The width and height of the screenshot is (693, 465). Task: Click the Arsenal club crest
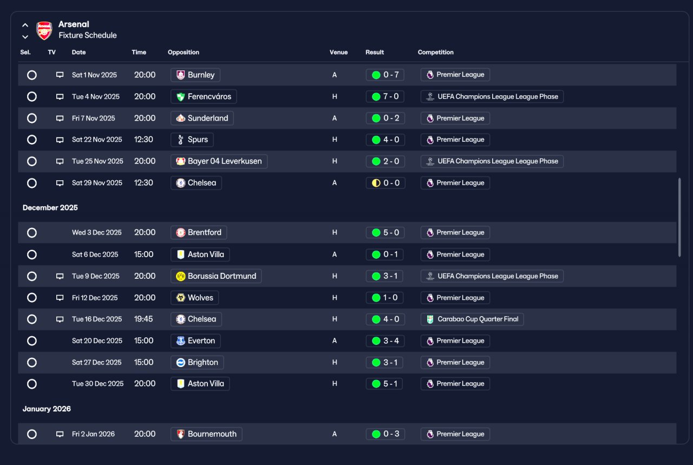click(44, 30)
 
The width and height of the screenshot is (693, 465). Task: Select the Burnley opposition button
click(195, 75)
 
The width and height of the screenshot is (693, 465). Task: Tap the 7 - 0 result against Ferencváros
click(385, 96)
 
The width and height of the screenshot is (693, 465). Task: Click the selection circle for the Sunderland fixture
click(32, 118)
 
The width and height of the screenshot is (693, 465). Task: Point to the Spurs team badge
click(181, 140)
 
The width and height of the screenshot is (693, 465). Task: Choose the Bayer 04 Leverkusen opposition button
click(219, 161)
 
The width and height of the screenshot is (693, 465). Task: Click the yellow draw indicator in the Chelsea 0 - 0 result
click(376, 183)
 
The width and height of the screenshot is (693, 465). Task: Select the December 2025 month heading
click(50, 207)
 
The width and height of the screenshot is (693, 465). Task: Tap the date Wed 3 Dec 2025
click(97, 232)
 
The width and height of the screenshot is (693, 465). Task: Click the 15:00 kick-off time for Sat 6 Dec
click(143, 254)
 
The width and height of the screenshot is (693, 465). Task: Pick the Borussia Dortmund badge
click(181, 276)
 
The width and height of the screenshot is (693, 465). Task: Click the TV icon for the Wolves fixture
click(60, 298)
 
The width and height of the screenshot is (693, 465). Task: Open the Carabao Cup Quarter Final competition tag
click(472, 319)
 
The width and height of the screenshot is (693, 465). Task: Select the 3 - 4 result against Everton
click(385, 340)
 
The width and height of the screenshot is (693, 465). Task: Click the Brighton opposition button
click(197, 362)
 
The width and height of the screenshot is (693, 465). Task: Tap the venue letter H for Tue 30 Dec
click(335, 384)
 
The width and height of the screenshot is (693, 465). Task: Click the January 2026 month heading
click(47, 409)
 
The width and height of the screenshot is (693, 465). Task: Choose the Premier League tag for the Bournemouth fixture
click(455, 434)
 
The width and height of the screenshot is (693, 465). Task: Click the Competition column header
click(436, 53)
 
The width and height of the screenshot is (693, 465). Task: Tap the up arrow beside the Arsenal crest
click(25, 25)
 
